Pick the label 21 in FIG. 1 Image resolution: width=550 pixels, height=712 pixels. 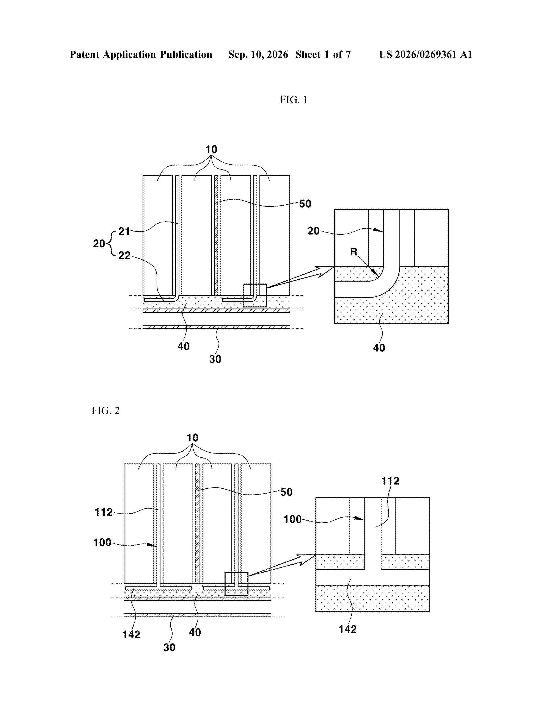coord(124,232)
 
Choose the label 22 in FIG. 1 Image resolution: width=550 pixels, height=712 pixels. coord(124,255)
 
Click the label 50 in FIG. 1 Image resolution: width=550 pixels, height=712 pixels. coord(305,204)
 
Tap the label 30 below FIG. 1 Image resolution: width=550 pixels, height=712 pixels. coord(215,359)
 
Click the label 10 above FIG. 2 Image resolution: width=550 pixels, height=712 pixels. coord(193,438)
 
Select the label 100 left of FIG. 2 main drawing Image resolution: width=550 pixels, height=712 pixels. coord(102,542)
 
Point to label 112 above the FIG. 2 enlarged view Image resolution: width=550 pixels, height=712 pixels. coord(390,481)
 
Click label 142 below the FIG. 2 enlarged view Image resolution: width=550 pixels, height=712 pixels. coord(348,629)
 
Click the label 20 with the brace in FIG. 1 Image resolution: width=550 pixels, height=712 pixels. coord(99,244)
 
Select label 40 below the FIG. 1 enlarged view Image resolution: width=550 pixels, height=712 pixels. coord(379,348)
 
